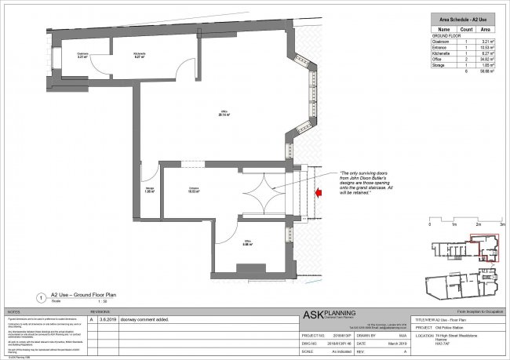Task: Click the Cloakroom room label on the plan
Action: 82,55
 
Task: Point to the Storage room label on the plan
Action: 150,190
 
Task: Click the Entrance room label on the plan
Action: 193,189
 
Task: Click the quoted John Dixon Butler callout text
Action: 366,181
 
